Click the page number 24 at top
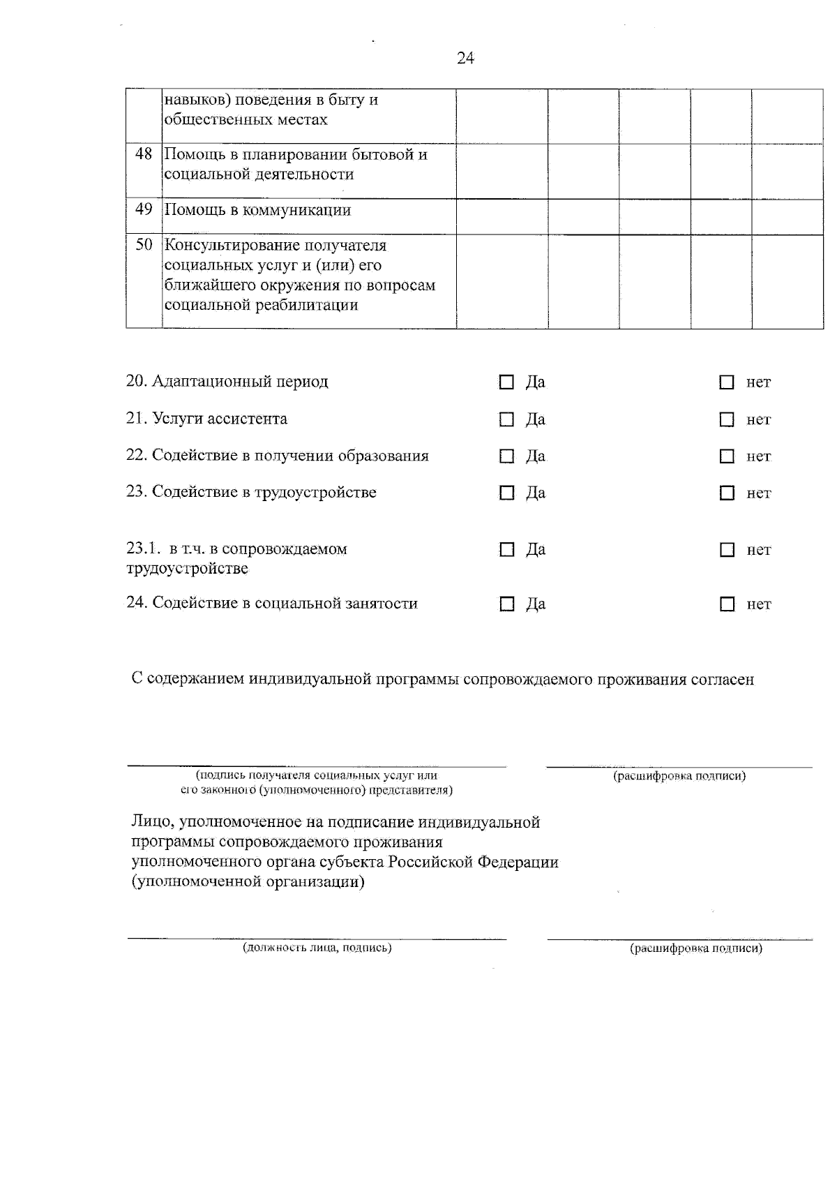click(x=465, y=59)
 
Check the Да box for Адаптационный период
click(x=506, y=382)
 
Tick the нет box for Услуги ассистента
click(x=727, y=420)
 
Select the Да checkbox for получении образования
click(x=506, y=456)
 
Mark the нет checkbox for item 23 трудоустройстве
click(x=727, y=493)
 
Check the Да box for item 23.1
click(x=506, y=550)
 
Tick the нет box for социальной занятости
click(x=727, y=604)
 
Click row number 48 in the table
click(x=144, y=154)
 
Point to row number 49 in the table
click(x=144, y=209)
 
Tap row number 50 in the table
click(x=144, y=245)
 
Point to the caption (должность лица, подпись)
click(x=317, y=948)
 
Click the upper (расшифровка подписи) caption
click(x=679, y=776)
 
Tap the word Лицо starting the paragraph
click(x=149, y=822)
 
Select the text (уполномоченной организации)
click(x=248, y=882)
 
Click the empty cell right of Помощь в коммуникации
click(x=502, y=216)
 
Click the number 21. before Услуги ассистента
click(x=136, y=419)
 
